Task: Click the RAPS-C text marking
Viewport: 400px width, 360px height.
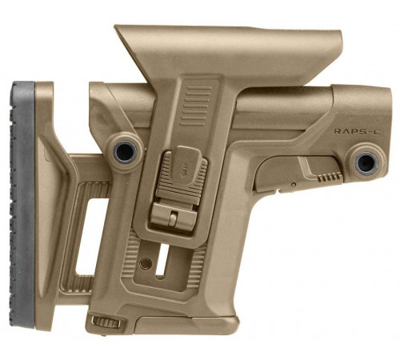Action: (358, 131)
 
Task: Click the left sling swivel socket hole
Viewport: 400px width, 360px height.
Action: (125, 151)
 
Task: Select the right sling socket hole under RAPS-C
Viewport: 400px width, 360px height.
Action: (366, 162)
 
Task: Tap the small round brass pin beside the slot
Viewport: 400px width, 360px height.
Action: (145, 263)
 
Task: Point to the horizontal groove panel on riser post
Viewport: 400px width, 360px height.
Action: (196, 106)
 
